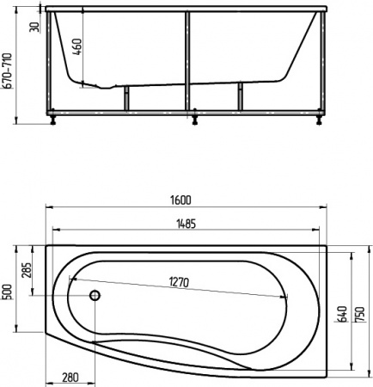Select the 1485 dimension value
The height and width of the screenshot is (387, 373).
click(x=186, y=224)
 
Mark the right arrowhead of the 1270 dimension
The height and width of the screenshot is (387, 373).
click(x=285, y=298)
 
